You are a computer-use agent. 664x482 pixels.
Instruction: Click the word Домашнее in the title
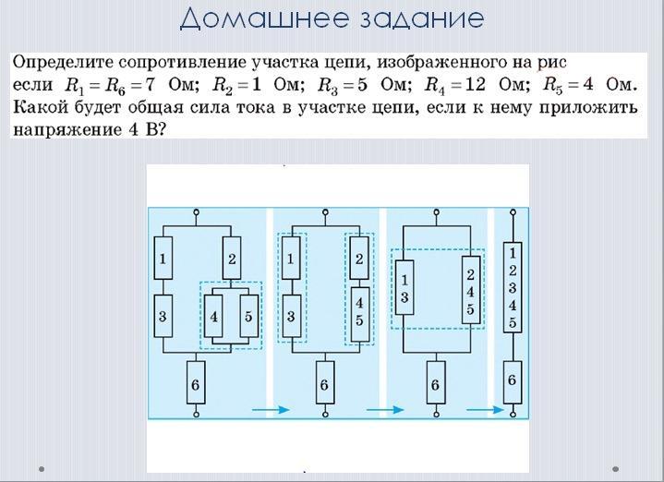point(247,18)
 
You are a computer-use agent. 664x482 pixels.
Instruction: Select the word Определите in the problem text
point(65,63)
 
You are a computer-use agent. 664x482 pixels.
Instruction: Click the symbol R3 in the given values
point(330,86)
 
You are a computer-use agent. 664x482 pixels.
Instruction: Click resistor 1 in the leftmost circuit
point(163,259)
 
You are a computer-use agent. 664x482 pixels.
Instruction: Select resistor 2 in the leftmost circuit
point(232,259)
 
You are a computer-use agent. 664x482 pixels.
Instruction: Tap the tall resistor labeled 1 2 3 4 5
point(511,286)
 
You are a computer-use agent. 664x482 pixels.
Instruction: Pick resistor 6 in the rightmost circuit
point(511,380)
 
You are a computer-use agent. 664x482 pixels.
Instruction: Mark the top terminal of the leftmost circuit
point(195,212)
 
